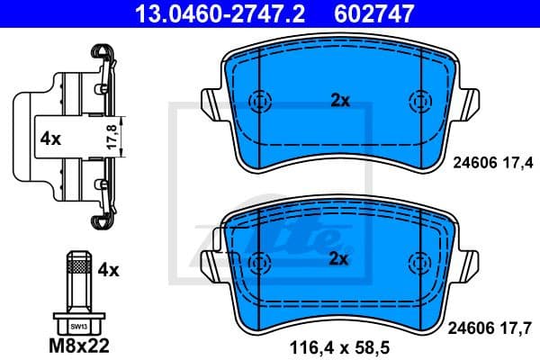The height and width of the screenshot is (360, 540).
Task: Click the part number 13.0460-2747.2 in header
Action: click(205, 14)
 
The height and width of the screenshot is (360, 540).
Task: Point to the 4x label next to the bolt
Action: click(109, 269)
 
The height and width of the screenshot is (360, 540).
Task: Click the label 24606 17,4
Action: click(490, 162)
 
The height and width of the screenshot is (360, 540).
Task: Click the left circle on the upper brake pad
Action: click(259, 101)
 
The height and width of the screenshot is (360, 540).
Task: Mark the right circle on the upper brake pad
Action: click(418, 101)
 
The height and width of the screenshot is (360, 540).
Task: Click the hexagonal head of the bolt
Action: click(77, 324)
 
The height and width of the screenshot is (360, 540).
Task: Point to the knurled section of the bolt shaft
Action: click(78, 266)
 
